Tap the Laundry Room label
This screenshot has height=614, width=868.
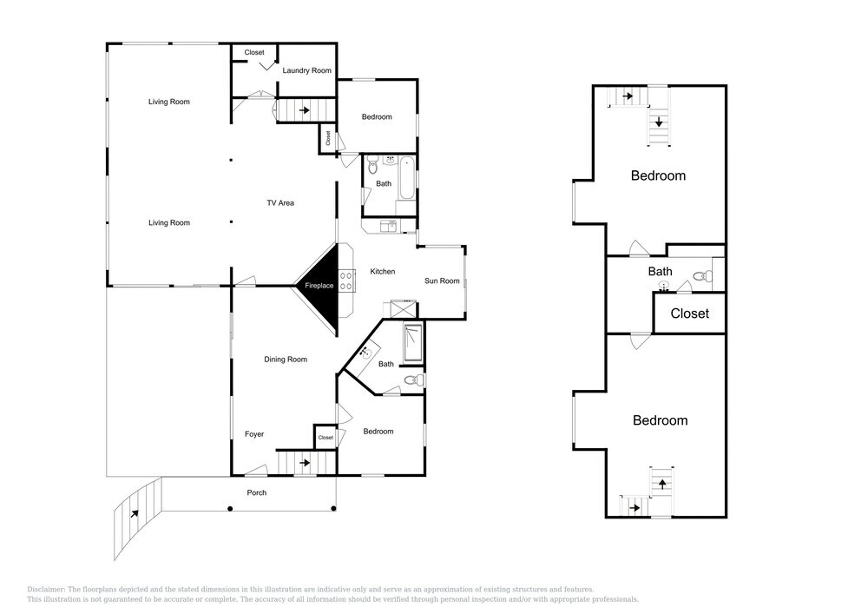point(306,70)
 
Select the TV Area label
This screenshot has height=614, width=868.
point(280,202)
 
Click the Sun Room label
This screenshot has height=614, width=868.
point(442,281)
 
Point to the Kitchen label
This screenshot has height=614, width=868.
point(383,271)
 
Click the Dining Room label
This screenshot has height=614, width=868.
point(285,360)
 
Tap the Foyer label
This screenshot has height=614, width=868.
point(254,434)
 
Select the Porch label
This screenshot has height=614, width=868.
point(256,492)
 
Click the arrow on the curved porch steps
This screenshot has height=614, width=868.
point(135,513)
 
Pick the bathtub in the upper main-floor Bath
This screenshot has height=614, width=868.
point(407,178)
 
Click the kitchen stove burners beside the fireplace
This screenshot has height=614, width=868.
point(347,280)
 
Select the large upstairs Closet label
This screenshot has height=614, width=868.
point(690,314)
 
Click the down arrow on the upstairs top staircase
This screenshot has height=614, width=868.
point(659,122)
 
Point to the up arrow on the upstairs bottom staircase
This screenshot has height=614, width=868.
point(662,484)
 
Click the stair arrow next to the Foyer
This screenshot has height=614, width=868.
point(305,462)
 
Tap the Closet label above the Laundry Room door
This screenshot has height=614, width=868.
point(254,52)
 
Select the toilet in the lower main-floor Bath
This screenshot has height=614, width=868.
point(413,380)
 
